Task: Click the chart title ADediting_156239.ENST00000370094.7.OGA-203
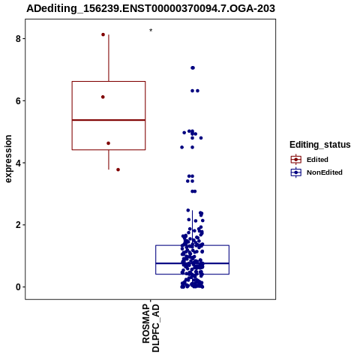pos(151,8)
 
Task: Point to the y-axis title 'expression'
pos(8,159)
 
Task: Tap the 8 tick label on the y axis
pos(18,39)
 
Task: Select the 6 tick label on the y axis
pos(18,100)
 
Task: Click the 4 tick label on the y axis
pos(18,163)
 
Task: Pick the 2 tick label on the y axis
pos(18,225)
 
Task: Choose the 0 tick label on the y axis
pos(18,287)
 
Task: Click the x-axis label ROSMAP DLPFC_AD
pos(151,328)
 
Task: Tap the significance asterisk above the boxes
pos(151,31)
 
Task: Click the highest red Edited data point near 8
pos(103,34)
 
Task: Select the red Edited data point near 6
pos(103,97)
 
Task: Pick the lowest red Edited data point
pos(118,169)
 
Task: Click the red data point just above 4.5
pos(108,143)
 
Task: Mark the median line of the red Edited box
pos(109,120)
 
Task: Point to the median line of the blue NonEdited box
pos(193,263)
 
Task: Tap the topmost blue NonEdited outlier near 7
pos(193,67)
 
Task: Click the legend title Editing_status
pos(320,145)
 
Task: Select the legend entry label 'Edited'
pos(317,160)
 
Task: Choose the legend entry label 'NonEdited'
pos(325,172)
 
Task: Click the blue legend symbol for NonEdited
pos(296,172)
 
